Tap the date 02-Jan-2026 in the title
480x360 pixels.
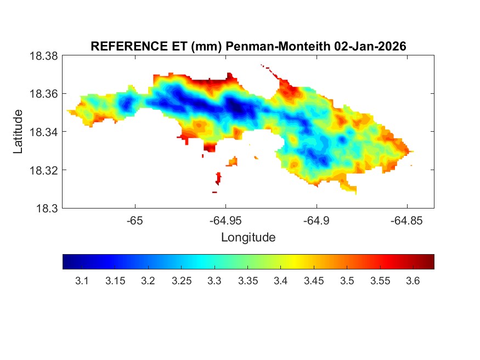[370, 47]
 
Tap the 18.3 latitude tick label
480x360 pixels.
[47, 208]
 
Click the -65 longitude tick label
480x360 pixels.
[135, 221]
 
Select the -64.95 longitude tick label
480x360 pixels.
[225, 221]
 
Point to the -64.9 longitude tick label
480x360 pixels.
[315, 221]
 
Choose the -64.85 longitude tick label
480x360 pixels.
[406, 221]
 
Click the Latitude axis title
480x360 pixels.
[19, 132]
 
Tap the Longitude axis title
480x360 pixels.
[248, 238]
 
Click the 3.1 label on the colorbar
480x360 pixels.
[82, 282]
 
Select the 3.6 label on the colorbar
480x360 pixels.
[413, 282]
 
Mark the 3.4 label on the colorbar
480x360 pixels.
[281, 282]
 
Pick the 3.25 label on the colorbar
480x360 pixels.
[181, 282]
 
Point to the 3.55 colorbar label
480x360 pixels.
[380, 282]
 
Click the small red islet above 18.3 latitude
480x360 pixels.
[219, 178]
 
